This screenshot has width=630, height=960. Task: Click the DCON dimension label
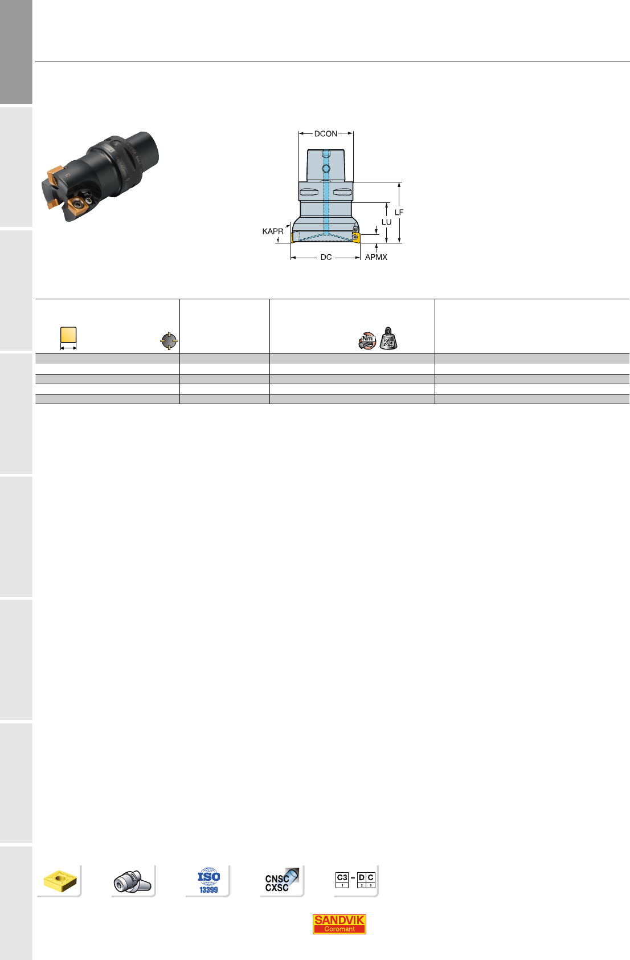[x=325, y=134]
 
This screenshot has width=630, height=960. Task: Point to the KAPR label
[x=273, y=231]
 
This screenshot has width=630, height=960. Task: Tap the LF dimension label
[x=399, y=212]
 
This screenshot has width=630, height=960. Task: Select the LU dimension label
[x=386, y=222]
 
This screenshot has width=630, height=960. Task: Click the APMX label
[x=376, y=257]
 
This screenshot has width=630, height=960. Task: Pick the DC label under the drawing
[x=326, y=257]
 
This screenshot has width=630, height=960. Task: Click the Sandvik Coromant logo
[x=339, y=924]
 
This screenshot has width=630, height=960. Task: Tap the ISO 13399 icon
[x=208, y=880]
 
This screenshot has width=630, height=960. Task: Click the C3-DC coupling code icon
[x=355, y=880]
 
